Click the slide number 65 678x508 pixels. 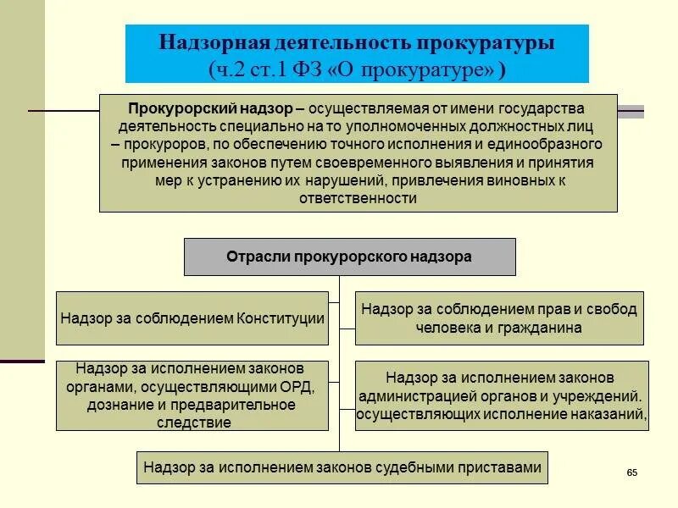(x=631, y=472)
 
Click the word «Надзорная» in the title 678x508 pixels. (x=214, y=42)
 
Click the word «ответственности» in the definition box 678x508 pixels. (x=358, y=198)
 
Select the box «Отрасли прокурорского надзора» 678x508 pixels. (x=349, y=257)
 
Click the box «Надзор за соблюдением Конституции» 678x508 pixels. (x=192, y=318)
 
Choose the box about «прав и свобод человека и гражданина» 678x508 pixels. (x=498, y=318)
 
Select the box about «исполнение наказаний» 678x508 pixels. (x=501, y=395)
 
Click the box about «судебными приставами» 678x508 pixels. (x=342, y=467)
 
